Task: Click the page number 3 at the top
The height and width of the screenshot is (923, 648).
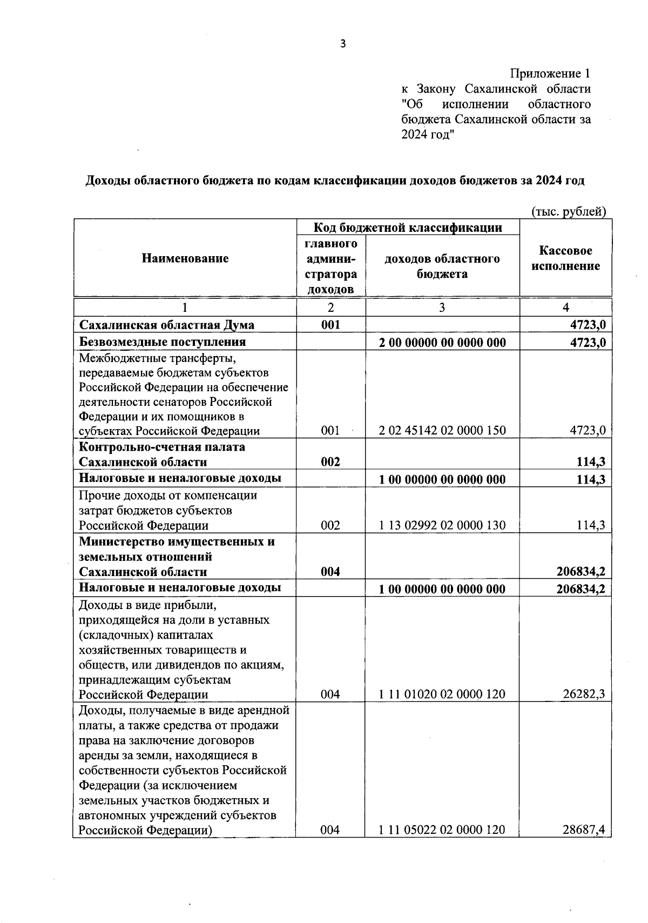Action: click(x=342, y=44)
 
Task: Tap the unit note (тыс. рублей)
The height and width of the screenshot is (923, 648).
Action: click(x=569, y=212)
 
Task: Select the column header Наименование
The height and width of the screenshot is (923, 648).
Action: click(x=185, y=258)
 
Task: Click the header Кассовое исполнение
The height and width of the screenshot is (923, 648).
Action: click(x=565, y=258)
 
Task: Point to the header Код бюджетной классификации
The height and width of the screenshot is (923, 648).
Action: click(x=408, y=228)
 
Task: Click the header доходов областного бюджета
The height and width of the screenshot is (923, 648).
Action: click(x=442, y=266)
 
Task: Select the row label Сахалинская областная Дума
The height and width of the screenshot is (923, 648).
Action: click(x=167, y=325)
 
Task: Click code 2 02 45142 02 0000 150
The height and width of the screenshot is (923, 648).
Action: click(x=442, y=431)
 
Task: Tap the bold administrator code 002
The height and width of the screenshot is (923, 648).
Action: click(x=330, y=462)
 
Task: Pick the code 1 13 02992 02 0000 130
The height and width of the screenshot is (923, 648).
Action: click(x=442, y=525)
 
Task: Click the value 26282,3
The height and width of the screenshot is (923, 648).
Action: click(x=584, y=694)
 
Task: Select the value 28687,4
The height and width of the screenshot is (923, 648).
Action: click(x=584, y=830)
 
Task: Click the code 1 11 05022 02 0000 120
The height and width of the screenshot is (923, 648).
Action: click(x=442, y=830)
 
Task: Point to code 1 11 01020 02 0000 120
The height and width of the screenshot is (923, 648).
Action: click(x=442, y=694)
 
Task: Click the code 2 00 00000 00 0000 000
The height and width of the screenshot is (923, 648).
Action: click(x=442, y=343)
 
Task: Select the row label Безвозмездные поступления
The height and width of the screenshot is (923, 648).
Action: click(x=163, y=342)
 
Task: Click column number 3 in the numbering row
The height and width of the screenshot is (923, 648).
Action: click(x=442, y=307)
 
